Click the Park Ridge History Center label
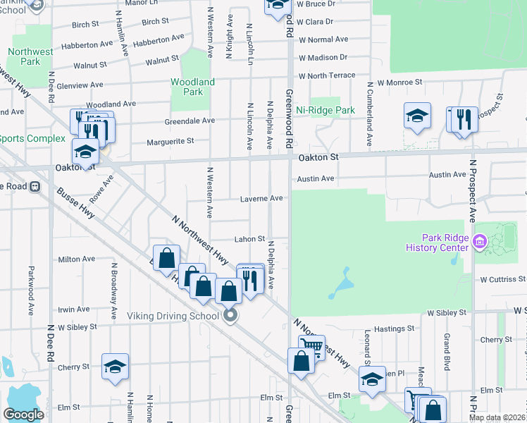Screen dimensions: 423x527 click(437, 243)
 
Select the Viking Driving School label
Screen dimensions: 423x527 click(173, 316)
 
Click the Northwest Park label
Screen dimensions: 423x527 click(30, 56)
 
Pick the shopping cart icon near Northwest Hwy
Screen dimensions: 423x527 click(311, 346)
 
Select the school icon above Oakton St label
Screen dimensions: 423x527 click(85, 151)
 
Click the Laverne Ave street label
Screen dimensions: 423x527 click(261, 199)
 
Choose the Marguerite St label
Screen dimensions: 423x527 click(170, 142)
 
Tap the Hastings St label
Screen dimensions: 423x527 click(395, 329)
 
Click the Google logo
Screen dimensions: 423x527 click(23, 415)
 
